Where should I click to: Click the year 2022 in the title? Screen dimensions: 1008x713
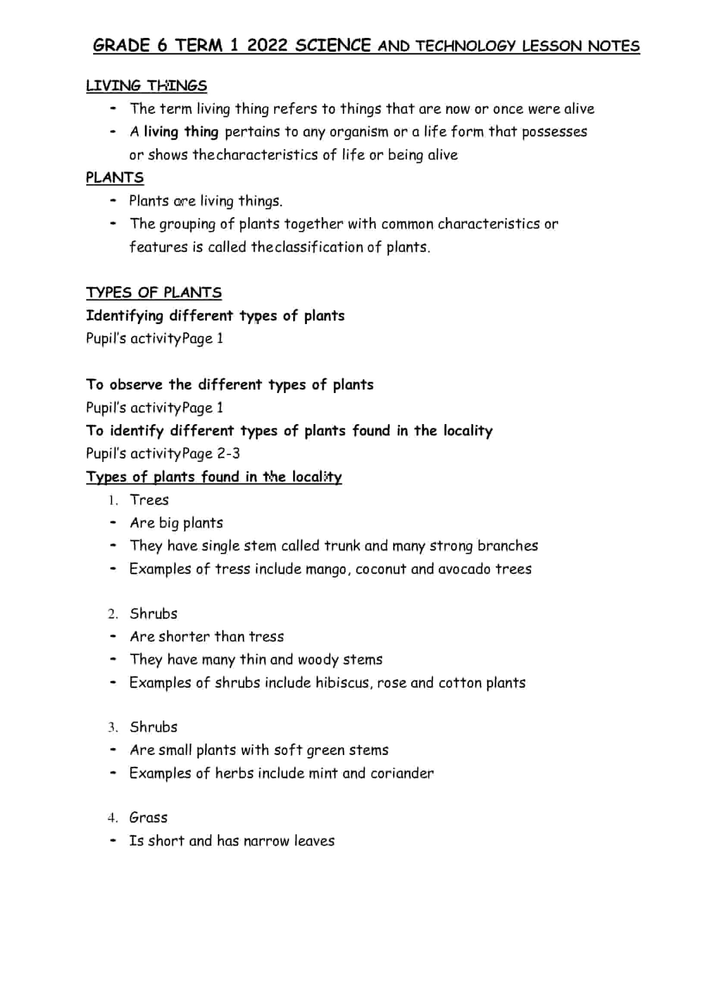(x=267, y=46)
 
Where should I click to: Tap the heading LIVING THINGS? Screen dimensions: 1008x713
(x=146, y=86)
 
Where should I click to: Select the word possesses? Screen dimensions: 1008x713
(x=554, y=132)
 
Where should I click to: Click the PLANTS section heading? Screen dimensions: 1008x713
(x=115, y=178)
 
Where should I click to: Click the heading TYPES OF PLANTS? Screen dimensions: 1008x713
(x=153, y=293)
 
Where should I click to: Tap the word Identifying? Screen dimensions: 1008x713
(x=125, y=315)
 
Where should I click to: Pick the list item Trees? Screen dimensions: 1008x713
(x=149, y=500)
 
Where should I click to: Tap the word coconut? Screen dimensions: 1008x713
(x=381, y=569)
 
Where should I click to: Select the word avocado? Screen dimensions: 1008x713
(x=464, y=569)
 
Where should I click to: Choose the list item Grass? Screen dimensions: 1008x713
(x=148, y=818)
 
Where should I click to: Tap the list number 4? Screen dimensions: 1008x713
(x=113, y=818)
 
